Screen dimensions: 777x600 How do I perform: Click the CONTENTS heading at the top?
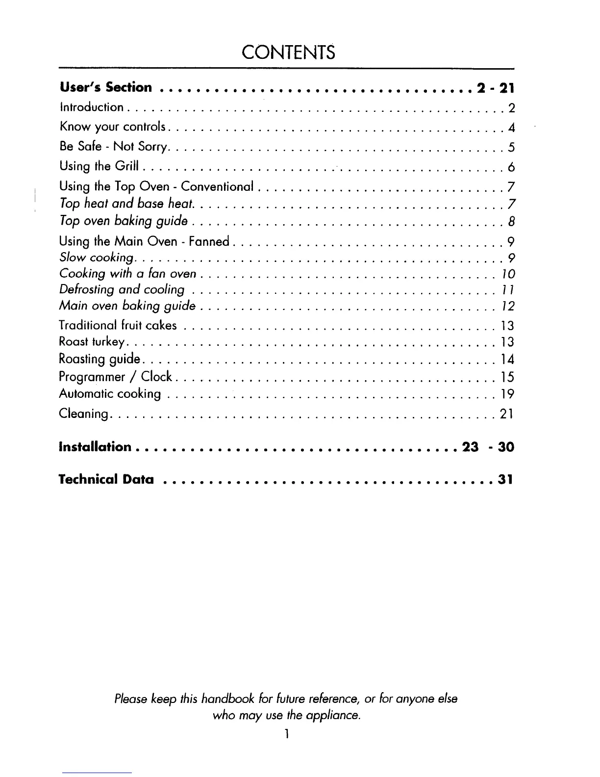pos(289,52)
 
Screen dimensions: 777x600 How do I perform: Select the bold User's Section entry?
pos(105,88)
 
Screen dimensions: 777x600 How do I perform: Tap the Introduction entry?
pos(91,107)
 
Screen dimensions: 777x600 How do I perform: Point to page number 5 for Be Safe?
pos(511,148)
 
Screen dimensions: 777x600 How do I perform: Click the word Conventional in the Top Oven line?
pos(217,186)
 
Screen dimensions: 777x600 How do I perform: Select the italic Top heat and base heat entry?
pos(126,204)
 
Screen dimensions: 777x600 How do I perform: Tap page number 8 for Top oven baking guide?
pos(511,222)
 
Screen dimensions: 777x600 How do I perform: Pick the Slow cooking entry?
pos(96,258)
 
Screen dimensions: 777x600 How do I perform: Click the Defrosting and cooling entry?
pos(122,290)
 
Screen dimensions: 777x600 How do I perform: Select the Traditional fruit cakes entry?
pos(118,325)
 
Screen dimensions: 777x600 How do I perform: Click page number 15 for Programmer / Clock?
pos(507,377)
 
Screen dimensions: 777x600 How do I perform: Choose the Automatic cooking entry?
pos(110,394)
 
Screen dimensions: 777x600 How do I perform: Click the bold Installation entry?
pos(95,447)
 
